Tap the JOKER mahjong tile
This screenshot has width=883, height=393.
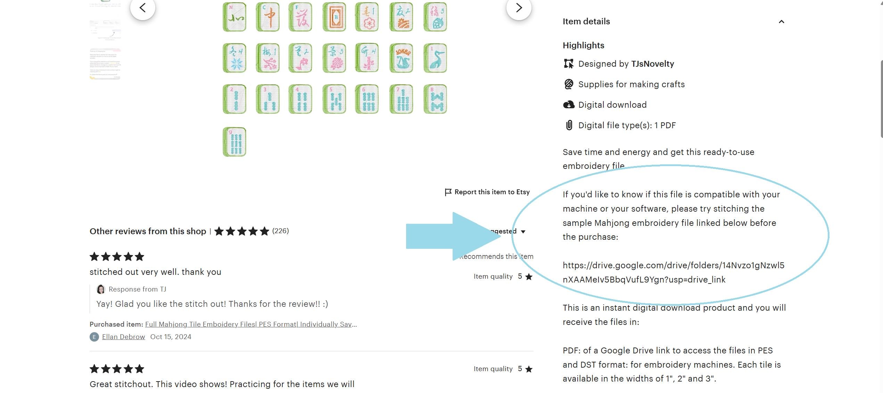(x=402, y=58)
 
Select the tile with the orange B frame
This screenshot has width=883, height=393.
(x=334, y=17)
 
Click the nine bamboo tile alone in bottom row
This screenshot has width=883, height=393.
(x=234, y=142)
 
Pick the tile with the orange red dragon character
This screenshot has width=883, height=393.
(x=267, y=17)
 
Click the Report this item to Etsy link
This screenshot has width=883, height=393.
(x=487, y=192)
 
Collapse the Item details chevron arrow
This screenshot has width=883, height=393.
(x=781, y=22)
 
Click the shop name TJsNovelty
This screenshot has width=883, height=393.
(x=652, y=64)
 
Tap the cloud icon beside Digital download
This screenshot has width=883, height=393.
(x=569, y=105)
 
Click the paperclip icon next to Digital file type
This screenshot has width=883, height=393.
(x=569, y=125)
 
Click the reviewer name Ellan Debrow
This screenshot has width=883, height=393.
(x=123, y=337)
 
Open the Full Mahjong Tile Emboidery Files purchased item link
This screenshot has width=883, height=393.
(x=251, y=324)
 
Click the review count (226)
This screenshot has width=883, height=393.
(x=280, y=231)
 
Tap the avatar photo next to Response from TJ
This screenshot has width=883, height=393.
(x=101, y=289)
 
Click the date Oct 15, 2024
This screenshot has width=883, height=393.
(x=171, y=337)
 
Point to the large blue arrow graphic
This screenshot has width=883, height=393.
(x=452, y=236)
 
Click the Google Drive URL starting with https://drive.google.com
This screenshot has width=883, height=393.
(x=673, y=272)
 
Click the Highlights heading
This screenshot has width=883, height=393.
(x=583, y=45)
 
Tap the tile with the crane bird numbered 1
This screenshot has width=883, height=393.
(x=435, y=58)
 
